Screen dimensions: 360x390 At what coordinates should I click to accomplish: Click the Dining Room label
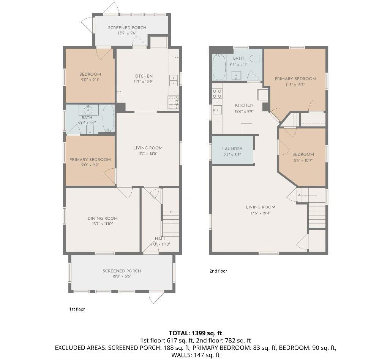point(103,219)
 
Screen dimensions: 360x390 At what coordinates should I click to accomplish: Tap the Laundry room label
point(232,149)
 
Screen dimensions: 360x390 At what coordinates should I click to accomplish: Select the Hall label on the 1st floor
point(160,239)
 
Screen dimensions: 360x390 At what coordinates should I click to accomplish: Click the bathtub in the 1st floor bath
point(108,118)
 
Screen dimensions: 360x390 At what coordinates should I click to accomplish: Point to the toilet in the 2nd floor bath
point(256,59)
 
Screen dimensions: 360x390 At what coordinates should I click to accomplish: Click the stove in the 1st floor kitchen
point(173,102)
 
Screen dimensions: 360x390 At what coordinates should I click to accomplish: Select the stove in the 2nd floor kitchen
point(217,94)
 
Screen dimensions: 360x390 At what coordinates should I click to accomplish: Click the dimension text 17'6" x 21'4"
point(261,213)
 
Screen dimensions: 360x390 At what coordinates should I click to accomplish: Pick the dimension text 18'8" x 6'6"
point(122,276)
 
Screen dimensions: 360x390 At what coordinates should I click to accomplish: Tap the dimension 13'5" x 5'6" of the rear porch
point(127,33)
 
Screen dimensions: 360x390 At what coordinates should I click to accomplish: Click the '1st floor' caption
point(77,309)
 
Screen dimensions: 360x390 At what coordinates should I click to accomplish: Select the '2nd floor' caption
point(218,271)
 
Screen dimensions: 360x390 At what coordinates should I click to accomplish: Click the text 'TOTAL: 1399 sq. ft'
point(195,333)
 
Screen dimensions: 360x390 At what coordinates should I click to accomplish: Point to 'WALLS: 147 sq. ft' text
point(195,355)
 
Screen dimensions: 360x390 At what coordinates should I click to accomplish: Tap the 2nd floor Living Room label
point(261,207)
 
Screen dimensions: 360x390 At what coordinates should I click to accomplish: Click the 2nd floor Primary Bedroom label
point(295,79)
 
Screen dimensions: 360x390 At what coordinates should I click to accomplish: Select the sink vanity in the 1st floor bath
point(88,110)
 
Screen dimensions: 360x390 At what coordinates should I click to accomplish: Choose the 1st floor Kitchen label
point(144,76)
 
